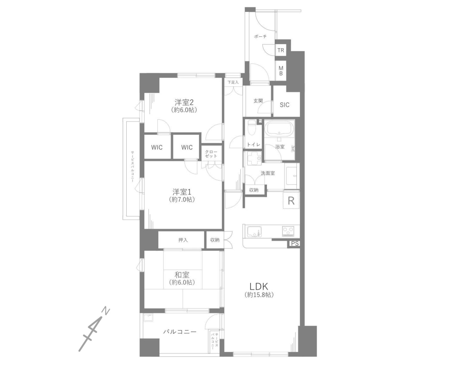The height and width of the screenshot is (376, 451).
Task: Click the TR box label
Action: [x=281, y=50]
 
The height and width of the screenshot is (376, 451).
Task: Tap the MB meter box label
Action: [x=281, y=71]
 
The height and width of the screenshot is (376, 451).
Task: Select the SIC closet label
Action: [x=285, y=105]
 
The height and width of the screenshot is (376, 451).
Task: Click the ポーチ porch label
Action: [x=261, y=37]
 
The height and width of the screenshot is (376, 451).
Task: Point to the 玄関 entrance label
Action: [x=258, y=101]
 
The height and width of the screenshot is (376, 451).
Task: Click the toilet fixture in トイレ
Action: [x=252, y=127]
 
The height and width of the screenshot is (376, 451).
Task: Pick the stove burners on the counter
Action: [x=289, y=231]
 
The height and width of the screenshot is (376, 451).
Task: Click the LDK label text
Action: [x=259, y=286]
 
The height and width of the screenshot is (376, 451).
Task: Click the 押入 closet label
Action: [x=183, y=240]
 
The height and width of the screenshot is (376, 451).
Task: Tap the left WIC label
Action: [x=157, y=147]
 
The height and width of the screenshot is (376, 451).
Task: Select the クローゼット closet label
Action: [x=212, y=154]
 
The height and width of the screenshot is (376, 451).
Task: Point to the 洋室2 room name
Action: [x=184, y=102]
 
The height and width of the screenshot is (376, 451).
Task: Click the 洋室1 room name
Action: [x=182, y=192]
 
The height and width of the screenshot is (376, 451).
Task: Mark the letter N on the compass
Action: [x=107, y=311]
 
